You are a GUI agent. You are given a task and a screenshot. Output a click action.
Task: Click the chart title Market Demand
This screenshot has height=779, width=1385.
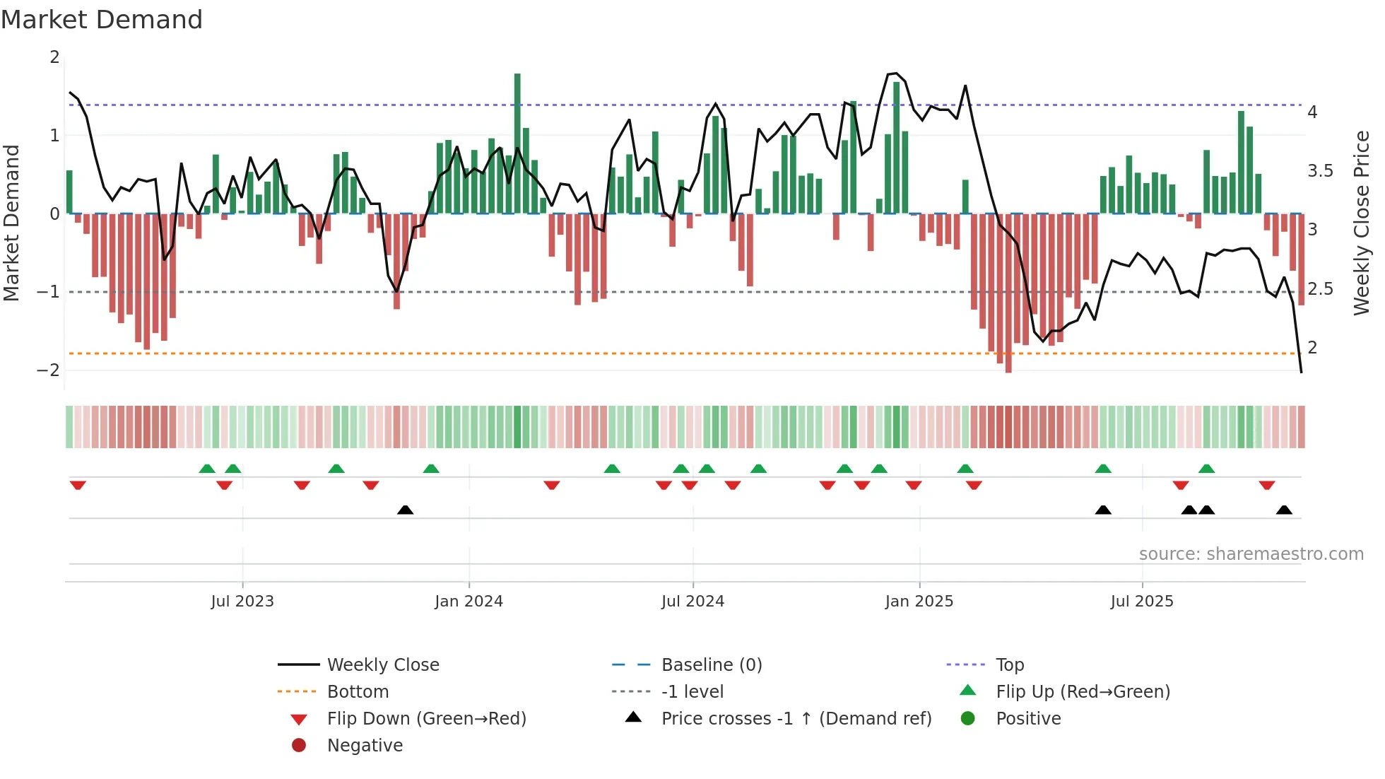(102, 20)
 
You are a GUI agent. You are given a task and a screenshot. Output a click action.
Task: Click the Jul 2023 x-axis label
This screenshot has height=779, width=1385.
(242, 602)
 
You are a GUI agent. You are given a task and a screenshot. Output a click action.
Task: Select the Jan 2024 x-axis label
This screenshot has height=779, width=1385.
(468, 602)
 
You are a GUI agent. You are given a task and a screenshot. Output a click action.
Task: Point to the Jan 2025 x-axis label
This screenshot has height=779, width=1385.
(919, 602)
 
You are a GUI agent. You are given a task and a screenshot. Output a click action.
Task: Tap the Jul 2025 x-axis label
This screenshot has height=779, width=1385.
(1141, 602)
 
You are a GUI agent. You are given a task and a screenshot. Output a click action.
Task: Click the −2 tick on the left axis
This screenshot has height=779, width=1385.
(49, 370)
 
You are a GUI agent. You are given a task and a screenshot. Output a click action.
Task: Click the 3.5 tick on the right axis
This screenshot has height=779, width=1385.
(1320, 171)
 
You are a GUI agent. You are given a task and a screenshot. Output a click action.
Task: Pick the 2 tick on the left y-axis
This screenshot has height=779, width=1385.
(54, 57)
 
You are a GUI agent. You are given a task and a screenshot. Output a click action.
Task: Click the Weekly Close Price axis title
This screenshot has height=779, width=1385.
(1362, 223)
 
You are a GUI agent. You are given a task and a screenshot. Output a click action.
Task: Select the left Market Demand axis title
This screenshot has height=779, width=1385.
(11, 223)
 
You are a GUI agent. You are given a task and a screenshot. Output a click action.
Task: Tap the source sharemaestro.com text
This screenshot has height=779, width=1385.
(1251, 554)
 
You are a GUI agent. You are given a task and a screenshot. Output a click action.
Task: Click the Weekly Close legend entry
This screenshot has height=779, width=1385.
(382, 665)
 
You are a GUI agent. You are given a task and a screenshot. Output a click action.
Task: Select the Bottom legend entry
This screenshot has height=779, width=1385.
(358, 692)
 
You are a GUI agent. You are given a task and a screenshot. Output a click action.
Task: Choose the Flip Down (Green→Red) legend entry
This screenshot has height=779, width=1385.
(426, 719)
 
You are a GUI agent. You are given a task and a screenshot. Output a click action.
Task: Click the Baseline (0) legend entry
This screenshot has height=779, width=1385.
(711, 665)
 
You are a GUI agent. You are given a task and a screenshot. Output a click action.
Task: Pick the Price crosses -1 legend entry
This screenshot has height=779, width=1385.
(796, 719)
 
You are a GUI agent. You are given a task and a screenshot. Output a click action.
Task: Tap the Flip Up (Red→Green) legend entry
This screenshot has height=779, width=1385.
(1083, 692)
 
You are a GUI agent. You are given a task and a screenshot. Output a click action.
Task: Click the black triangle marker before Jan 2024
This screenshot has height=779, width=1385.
(405, 510)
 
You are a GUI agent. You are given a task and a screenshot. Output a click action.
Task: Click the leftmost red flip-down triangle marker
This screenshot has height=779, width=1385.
(78, 485)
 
